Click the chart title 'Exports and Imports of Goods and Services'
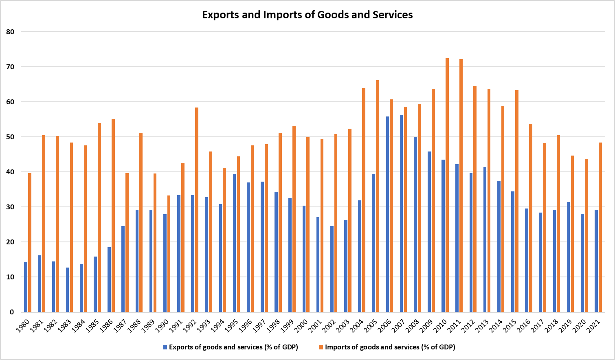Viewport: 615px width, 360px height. [x=307, y=15]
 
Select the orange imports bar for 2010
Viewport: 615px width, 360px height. [x=447, y=185]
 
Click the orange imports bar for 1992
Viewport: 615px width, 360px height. [x=197, y=210]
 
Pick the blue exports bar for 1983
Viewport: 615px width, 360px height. [x=67, y=290]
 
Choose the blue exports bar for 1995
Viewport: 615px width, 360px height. [x=234, y=243]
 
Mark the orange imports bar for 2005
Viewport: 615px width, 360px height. [x=378, y=196]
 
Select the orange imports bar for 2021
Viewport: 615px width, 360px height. [x=600, y=227]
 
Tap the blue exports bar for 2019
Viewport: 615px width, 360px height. [x=568, y=257]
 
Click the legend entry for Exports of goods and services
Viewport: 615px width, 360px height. [x=231, y=347]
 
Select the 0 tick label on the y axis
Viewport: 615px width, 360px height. [x=12, y=312]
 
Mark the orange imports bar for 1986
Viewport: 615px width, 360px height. [x=113, y=215]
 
